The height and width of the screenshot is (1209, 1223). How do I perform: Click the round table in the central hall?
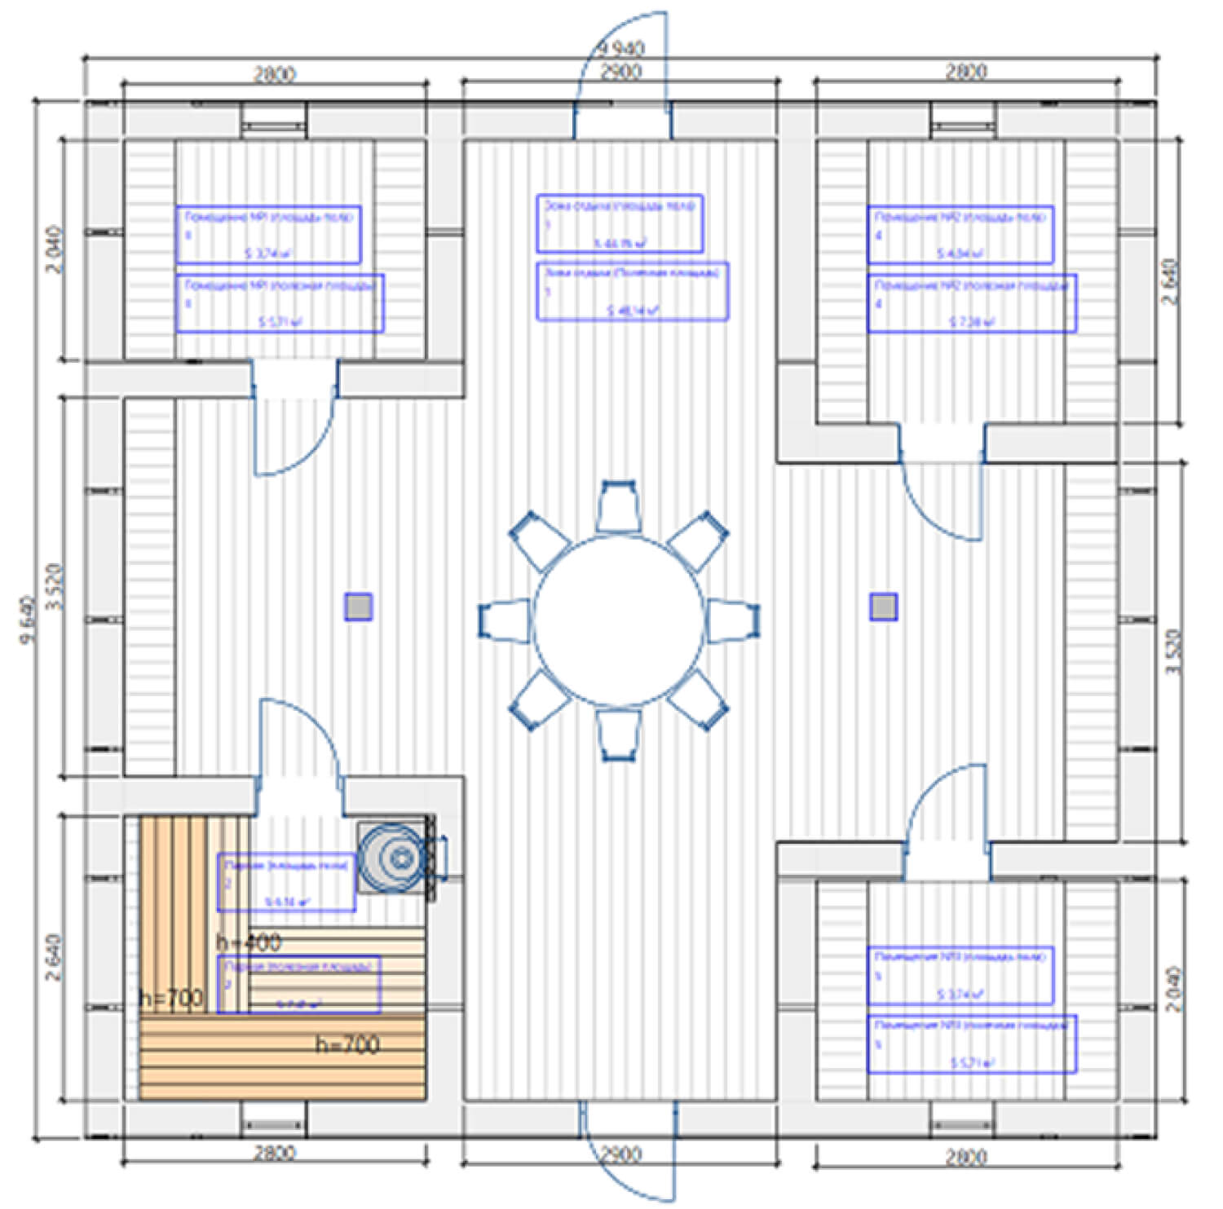[618, 620]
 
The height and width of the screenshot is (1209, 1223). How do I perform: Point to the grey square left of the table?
[358, 607]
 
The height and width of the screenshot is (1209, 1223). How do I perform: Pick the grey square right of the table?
[883, 607]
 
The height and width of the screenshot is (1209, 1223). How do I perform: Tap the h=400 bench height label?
[249, 943]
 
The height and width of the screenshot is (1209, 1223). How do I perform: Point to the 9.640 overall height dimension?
[29, 620]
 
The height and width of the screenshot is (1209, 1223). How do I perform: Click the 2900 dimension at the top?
[621, 72]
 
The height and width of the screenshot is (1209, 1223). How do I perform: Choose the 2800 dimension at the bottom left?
[274, 1153]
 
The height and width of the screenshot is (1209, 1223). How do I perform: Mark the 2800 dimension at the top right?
[965, 72]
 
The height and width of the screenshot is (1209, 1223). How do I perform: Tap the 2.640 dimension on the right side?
[1171, 281]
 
